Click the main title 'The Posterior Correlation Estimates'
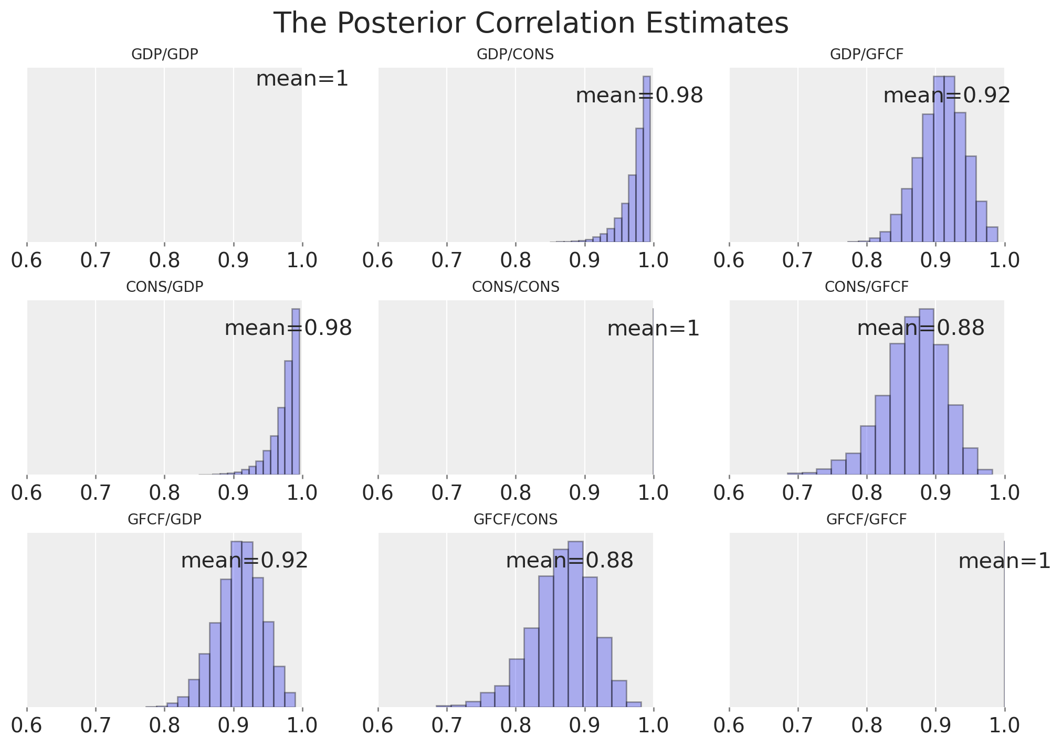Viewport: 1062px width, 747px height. coord(531,24)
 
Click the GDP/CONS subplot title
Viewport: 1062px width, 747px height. coord(515,55)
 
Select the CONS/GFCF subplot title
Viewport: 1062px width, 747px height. coord(866,287)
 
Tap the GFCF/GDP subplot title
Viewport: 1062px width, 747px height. coord(164,520)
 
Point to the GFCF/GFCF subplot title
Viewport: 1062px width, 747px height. coord(866,520)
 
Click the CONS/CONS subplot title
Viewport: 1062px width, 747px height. coord(515,287)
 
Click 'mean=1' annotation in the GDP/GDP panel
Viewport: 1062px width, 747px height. coord(302,79)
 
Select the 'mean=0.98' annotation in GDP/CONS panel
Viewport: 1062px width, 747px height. coord(639,96)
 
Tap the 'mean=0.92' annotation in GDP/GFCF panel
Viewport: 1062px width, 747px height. coord(947,96)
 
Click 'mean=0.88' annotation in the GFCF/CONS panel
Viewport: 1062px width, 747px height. coord(569,561)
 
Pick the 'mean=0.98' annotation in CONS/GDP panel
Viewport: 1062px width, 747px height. coord(288,329)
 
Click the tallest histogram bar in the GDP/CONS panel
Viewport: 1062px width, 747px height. coord(646,157)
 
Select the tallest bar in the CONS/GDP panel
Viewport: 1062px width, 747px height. coord(296,391)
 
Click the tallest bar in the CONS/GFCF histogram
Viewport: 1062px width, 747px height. coord(926,391)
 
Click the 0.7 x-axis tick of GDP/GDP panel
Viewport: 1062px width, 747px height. coord(96,260)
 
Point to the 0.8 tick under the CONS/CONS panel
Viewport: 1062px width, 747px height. coord(515,493)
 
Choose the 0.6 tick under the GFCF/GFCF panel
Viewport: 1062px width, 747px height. coord(729,725)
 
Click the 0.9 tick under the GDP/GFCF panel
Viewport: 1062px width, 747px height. coord(935,260)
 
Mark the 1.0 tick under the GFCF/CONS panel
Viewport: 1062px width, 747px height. coord(653,725)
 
